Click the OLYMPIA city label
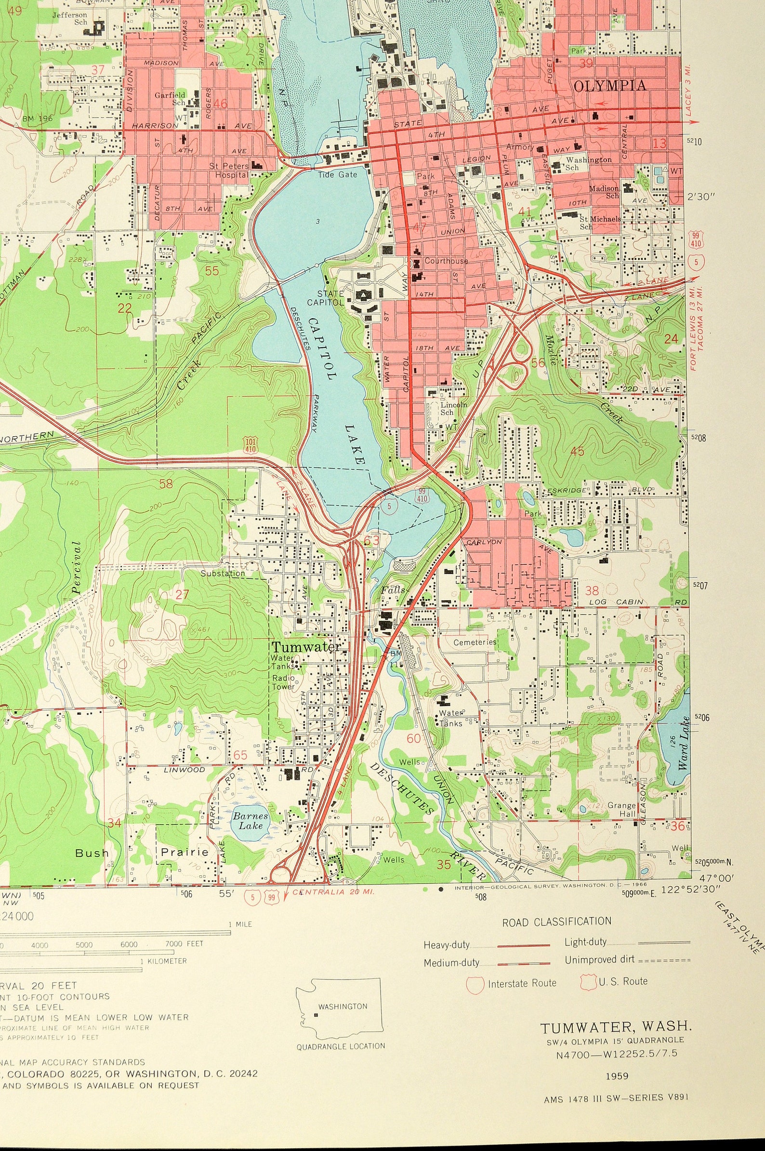pyautogui.click(x=610, y=86)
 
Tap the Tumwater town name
pyautogui.click(x=306, y=647)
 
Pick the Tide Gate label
pyautogui.click(x=338, y=174)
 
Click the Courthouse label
pyautogui.click(x=446, y=261)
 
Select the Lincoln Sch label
pyautogui.click(x=453, y=408)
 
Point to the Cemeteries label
pyautogui.click(x=475, y=642)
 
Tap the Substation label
pyautogui.click(x=223, y=573)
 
